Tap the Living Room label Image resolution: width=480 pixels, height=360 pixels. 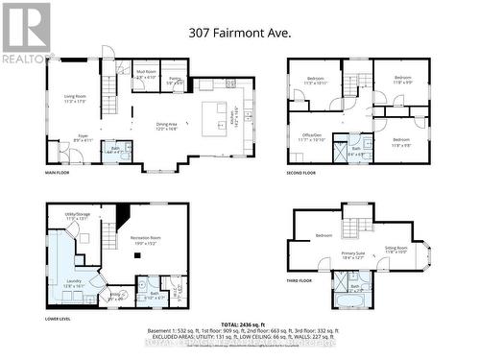tap(77, 98)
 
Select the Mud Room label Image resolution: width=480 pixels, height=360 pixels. tap(146, 74)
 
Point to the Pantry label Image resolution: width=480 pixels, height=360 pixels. tap(175, 82)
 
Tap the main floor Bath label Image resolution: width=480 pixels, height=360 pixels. tap(116, 149)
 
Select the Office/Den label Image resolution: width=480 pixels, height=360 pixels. tap(312, 138)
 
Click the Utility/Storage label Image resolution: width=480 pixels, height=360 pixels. tap(77, 217)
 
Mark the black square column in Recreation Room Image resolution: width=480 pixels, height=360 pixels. tap(120, 217)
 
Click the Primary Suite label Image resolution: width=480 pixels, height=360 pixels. tap(352, 255)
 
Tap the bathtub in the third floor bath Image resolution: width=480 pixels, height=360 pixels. tap(346, 302)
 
